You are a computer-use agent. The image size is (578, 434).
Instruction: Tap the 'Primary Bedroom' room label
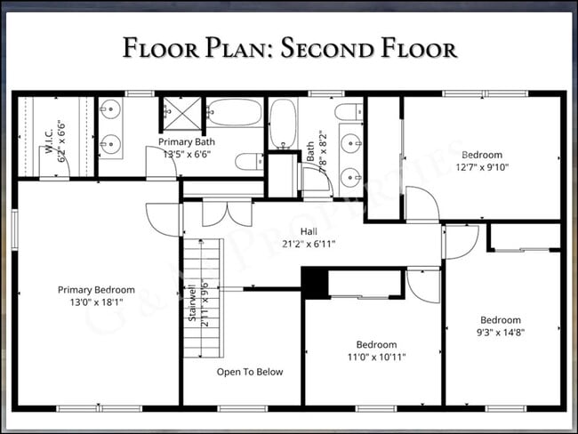(x=96, y=290)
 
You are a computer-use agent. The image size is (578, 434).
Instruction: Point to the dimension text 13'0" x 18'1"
(x=96, y=302)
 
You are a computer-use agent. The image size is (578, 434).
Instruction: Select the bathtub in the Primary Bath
(x=235, y=113)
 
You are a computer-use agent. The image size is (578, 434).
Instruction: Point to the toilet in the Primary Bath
(x=249, y=161)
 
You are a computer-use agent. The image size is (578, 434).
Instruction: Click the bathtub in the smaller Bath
(x=282, y=124)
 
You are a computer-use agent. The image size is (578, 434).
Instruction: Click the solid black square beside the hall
(x=315, y=282)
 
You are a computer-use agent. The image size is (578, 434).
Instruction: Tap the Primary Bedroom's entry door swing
(x=163, y=218)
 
